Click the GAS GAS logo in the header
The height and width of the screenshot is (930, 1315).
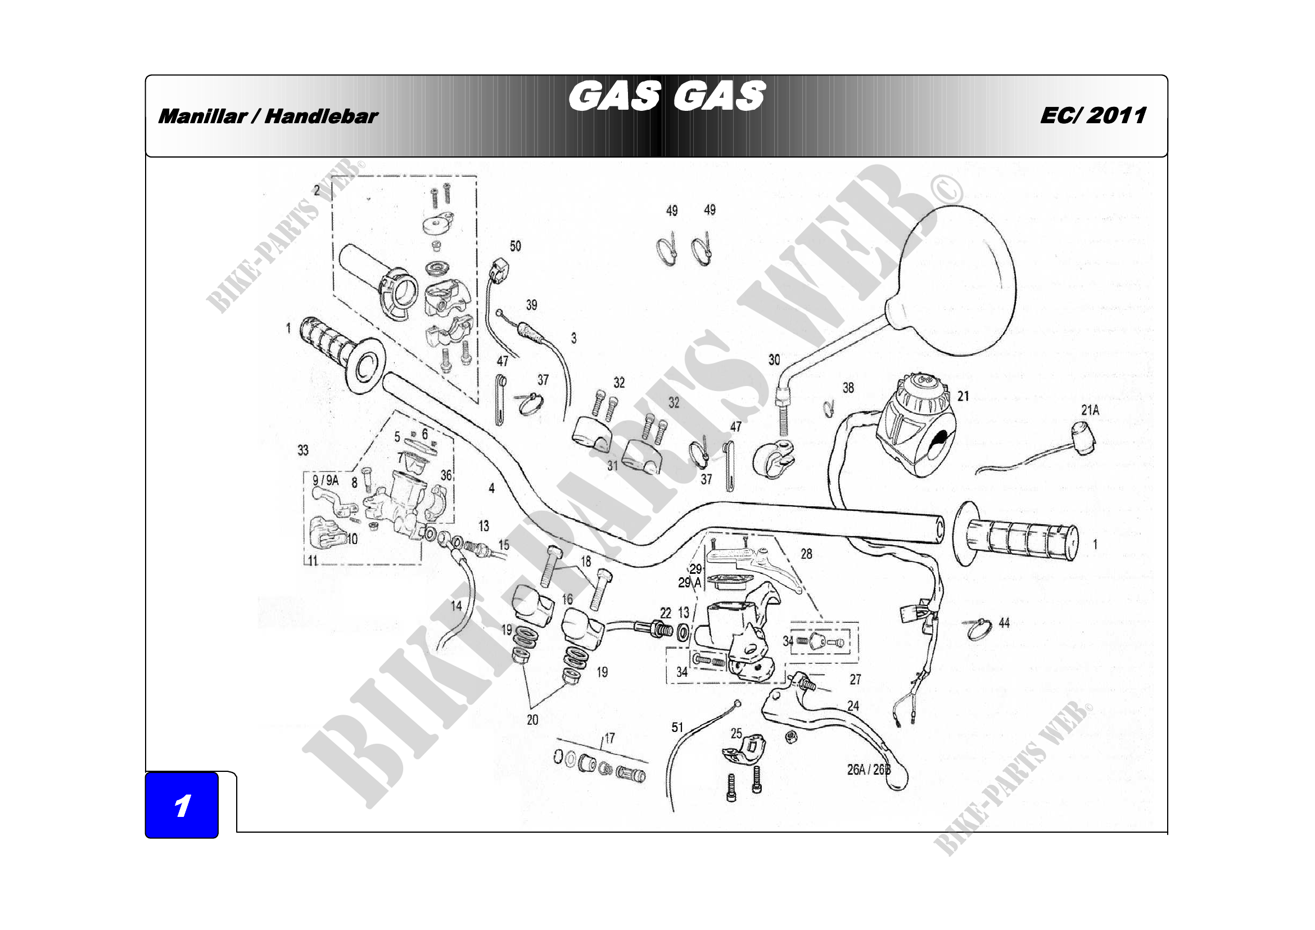pyautogui.click(x=667, y=96)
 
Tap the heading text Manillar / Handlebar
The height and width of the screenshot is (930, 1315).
pyautogui.click(x=268, y=117)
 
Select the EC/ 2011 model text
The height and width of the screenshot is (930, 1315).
pyautogui.click(x=1093, y=116)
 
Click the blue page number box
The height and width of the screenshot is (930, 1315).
pyautogui.click(x=182, y=805)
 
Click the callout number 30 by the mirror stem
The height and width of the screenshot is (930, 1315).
pyautogui.click(x=774, y=360)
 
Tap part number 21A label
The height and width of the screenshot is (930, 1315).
pyautogui.click(x=1090, y=410)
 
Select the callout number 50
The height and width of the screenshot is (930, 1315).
pyautogui.click(x=516, y=246)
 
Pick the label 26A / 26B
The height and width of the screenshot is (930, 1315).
pyautogui.click(x=868, y=770)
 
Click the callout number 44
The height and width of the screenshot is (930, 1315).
pyautogui.click(x=1004, y=623)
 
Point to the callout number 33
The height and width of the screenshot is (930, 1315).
pyautogui.click(x=303, y=450)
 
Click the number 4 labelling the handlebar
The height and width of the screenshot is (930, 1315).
pyautogui.click(x=491, y=488)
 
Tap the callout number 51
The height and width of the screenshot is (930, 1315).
pyautogui.click(x=677, y=727)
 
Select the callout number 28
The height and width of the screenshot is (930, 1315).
pyautogui.click(x=806, y=554)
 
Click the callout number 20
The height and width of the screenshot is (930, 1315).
pyautogui.click(x=532, y=720)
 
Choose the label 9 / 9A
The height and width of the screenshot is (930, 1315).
pyautogui.click(x=326, y=480)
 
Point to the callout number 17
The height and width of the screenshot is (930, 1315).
pyautogui.click(x=609, y=738)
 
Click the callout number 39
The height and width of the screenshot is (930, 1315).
pyautogui.click(x=531, y=305)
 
